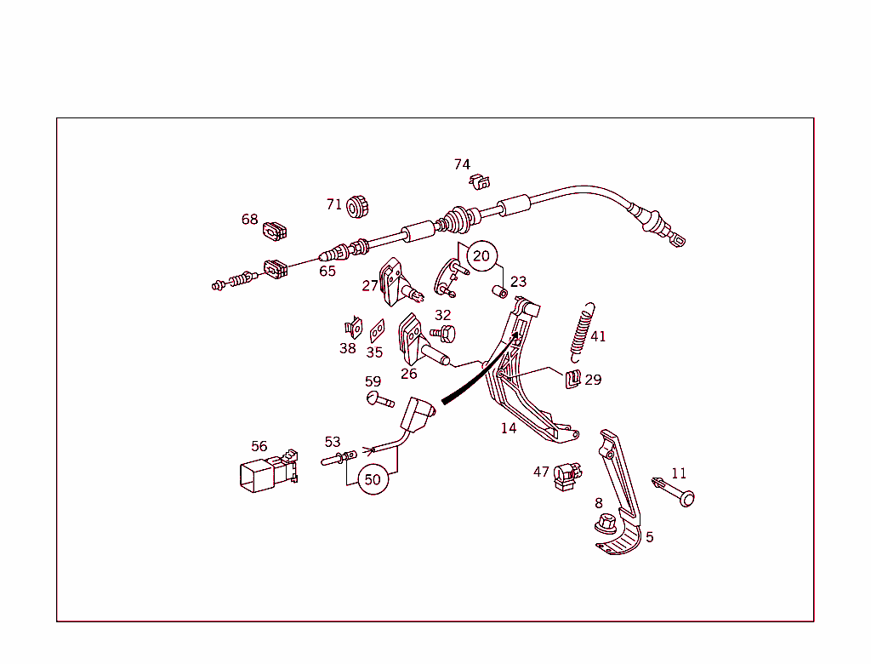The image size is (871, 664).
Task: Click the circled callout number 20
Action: point(481,256)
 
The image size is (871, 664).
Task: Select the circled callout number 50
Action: point(373,479)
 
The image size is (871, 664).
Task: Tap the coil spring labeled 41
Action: point(582,333)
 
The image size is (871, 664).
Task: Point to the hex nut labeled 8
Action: point(606,524)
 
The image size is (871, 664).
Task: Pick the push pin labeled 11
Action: point(674,490)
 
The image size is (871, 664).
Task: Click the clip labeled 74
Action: point(480,182)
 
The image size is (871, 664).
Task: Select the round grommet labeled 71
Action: point(357,207)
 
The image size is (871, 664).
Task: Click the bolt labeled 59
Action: point(380,398)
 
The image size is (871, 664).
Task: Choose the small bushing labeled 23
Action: point(500,291)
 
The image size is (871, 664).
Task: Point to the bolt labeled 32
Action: point(442,334)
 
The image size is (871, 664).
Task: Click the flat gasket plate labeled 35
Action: point(377,331)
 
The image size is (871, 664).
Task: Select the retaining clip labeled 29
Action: point(573,380)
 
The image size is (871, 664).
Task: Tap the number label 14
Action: point(509,428)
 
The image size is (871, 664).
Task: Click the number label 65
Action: point(327,272)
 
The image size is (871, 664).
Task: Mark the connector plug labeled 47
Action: point(567,477)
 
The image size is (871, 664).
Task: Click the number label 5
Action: point(649,537)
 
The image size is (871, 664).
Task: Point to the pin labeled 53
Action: point(339,458)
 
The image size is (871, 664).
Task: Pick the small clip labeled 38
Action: point(354,328)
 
